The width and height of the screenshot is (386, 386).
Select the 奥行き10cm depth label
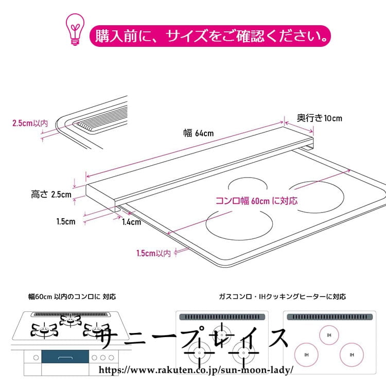pyautogui.click(x=320, y=118)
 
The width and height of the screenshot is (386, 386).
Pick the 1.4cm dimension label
pyautogui.click(x=131, y=222)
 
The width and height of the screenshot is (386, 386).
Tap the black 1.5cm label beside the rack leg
pyautogui.click(x=66, y=221)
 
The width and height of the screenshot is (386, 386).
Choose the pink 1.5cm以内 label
pyautogui.click(x=153, y=253)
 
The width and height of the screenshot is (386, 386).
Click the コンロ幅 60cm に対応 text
pyautogui.click(x=256, y=200)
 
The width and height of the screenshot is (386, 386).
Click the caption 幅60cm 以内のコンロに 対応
pyautogui.click(x=72, y=297)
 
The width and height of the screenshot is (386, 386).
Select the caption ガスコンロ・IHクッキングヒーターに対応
pyautogui.click(x=282, y=297)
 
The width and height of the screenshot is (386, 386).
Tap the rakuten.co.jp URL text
pyautogui.click(x=195, y=370)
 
